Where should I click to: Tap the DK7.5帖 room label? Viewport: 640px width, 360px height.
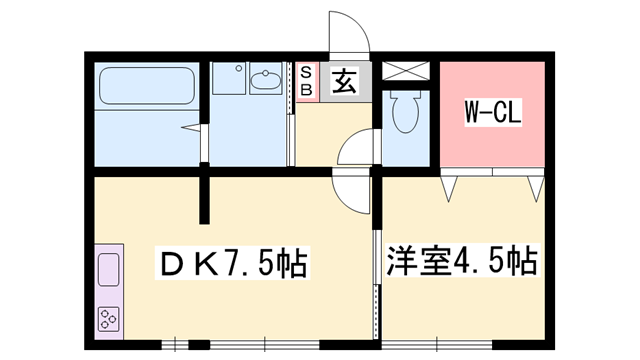[233, 264]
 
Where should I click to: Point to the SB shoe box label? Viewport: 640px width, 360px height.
[307, 81]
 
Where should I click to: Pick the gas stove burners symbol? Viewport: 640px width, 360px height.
[107, 319]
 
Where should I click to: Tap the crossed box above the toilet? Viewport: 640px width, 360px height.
[405, 71]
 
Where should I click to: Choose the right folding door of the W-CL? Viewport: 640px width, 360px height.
[531, 186]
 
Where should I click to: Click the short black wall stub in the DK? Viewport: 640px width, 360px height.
[207, 198]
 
